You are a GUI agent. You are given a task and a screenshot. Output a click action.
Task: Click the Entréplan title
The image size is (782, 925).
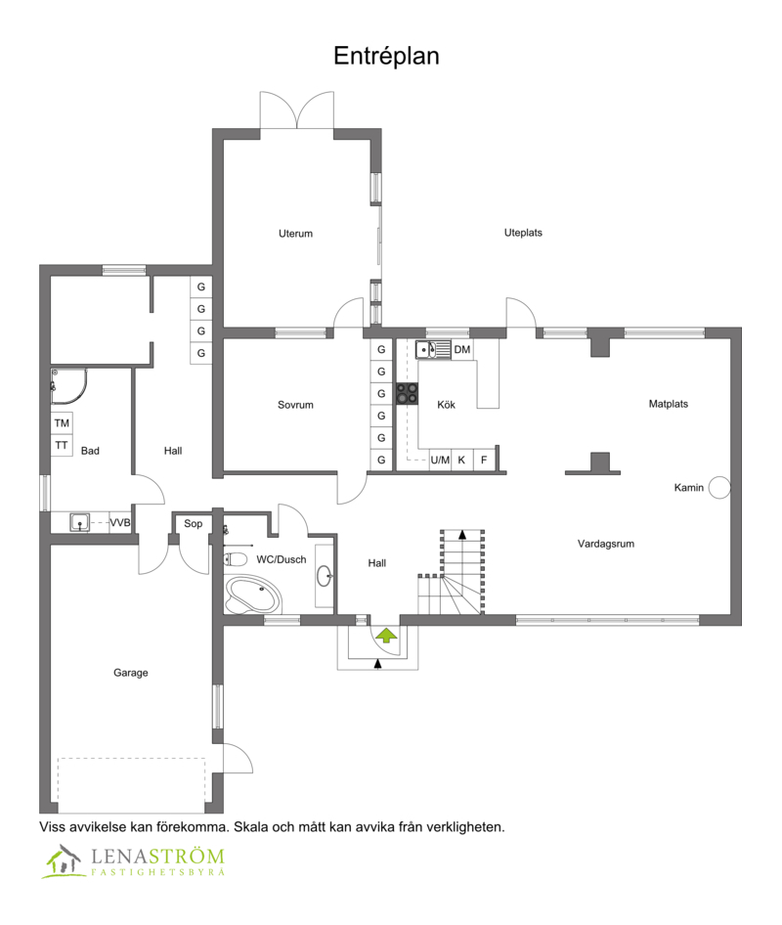coord(386,56)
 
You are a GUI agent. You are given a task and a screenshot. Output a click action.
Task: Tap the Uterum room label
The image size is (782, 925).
coord(295,234)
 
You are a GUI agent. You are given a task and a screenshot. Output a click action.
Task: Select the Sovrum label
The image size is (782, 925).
coord(295,405)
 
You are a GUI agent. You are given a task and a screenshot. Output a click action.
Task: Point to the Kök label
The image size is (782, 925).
coord(446,405)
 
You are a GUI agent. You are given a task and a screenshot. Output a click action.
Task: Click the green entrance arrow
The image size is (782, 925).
coord(386,636)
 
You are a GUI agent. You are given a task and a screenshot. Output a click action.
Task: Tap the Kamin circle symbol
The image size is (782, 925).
coord(719,487)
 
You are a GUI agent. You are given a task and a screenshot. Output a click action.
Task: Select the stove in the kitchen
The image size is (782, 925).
coord(407,393)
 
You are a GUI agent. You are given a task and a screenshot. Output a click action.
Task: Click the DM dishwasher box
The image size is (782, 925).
coord(462,349)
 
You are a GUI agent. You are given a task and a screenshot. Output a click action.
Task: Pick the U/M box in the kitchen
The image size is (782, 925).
coord(440,461)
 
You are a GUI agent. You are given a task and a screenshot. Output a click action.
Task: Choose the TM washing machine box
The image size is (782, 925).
coord(62,423)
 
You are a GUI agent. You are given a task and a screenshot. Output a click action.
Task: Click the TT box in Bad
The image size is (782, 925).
coord(62,446)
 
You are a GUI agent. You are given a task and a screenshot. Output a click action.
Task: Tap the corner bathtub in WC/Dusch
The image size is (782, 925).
coord(253,595)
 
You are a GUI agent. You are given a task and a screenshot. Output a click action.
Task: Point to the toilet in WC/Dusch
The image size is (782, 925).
coord(236,558)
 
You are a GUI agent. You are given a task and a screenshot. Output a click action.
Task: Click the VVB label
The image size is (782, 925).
coord(120,523)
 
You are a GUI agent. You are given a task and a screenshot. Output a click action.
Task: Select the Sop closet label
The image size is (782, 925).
coord(193,524)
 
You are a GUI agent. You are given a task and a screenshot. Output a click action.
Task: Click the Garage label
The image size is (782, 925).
coord(131,673)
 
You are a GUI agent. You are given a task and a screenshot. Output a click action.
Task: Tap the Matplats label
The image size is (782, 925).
coord(669,404)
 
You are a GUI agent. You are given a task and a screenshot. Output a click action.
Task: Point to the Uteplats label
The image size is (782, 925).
coord(523,233)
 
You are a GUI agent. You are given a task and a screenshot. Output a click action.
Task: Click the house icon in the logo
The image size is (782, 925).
coord(64,860)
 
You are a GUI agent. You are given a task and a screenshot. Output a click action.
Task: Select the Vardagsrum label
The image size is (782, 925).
coord(606,544)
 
